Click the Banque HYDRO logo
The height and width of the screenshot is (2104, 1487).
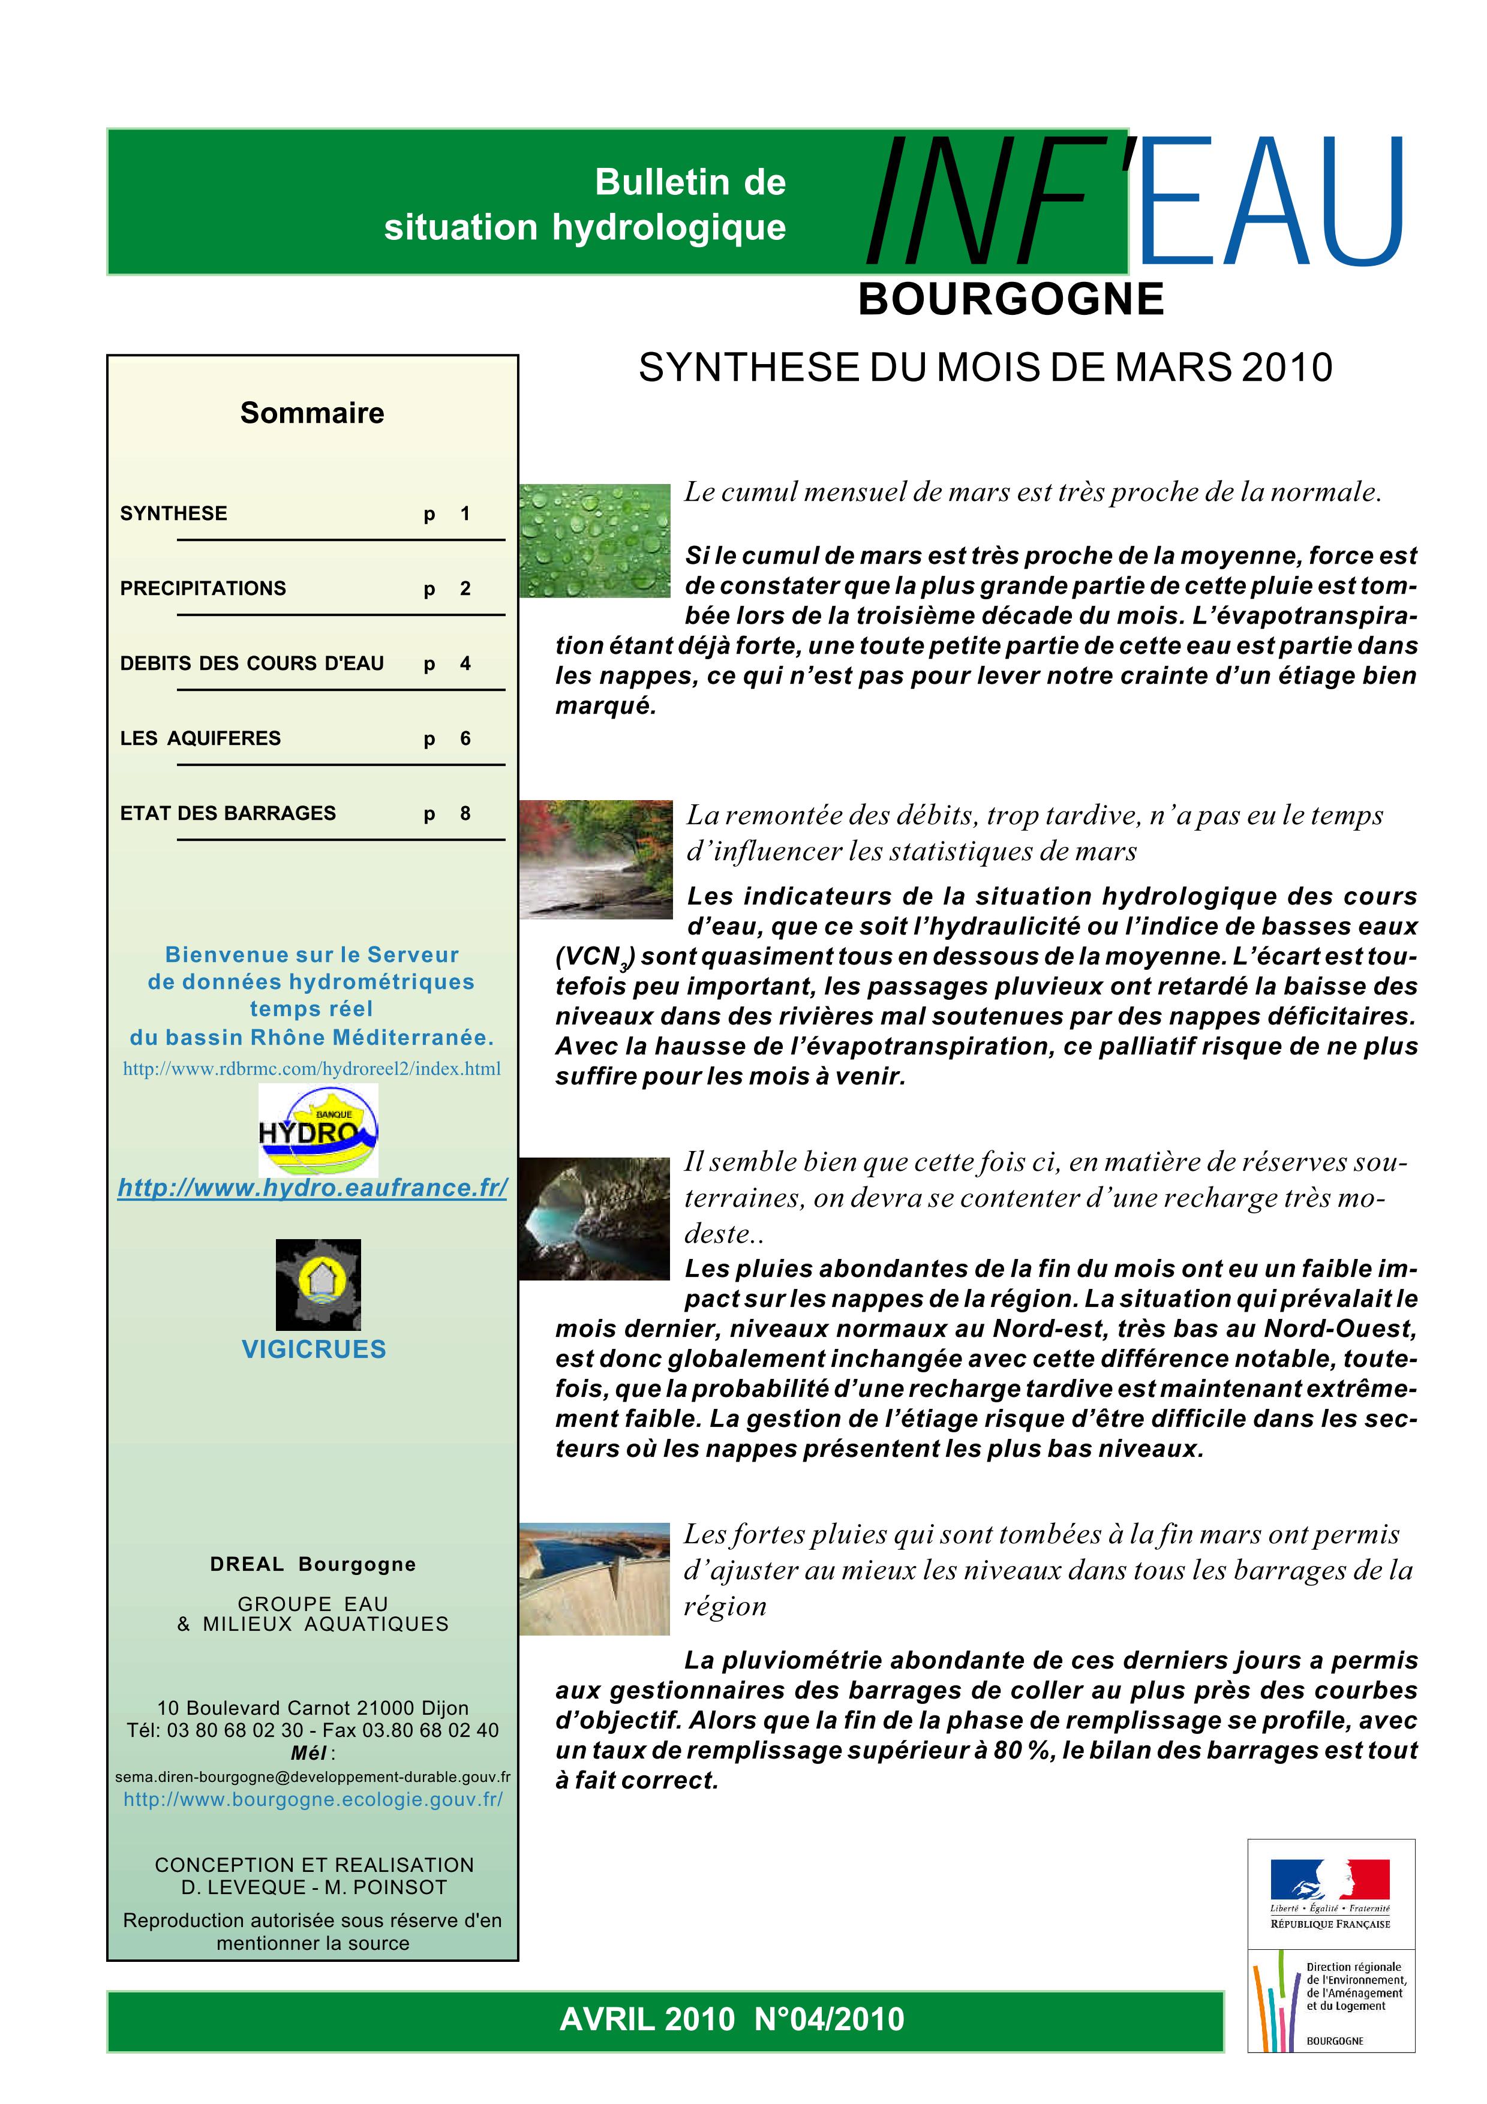pos(318,1130)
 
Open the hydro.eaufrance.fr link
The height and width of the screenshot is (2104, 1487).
pos(313,1188)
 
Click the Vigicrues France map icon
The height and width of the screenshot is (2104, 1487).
pos(318,1284)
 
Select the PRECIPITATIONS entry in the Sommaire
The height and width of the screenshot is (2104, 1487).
pos(203,588)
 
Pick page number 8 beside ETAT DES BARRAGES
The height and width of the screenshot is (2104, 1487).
pos(465,814)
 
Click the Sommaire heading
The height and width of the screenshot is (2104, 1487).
pos(313,413)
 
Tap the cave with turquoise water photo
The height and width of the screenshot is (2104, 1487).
pos(594,1219)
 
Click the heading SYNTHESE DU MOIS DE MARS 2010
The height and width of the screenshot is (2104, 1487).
pos(985,368)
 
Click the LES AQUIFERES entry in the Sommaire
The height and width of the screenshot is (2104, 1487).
pos(201,738)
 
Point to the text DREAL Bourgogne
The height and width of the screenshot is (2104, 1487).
pos(313,1564)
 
